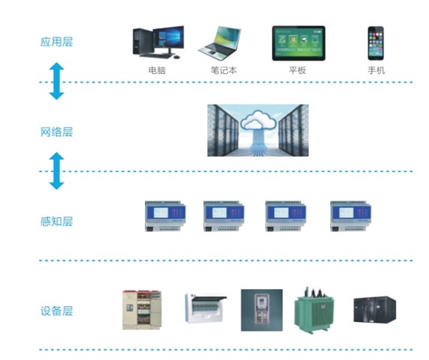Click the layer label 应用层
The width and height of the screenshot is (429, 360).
[57, 42]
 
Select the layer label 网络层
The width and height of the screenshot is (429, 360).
[57, 131]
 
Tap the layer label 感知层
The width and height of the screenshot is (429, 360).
[57, 221]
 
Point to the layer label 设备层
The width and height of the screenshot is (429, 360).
[57, 311]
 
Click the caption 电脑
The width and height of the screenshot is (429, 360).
[157, 70]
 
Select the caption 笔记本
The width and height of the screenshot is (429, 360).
[223, 70]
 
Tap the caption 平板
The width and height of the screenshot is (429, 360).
[297, 70]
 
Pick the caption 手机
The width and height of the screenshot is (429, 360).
[376, 70]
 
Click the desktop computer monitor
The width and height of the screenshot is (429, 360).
[168, 38]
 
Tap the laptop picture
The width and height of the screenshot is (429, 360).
[220, 43]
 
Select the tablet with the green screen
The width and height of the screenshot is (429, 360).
[299, 43]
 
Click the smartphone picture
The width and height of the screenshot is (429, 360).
[376, 43]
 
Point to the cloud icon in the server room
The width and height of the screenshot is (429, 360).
[258, 120]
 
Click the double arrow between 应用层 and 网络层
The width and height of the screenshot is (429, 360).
[57, 81]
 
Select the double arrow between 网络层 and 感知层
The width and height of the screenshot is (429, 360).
[57, 171]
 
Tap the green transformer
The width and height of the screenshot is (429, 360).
[315, 310]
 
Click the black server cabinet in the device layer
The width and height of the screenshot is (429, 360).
[375, 309]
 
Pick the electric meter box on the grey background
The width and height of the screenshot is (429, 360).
[262, 310]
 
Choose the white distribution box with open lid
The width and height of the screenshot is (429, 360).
[206, 308]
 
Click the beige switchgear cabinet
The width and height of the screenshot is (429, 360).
[142, 310]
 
